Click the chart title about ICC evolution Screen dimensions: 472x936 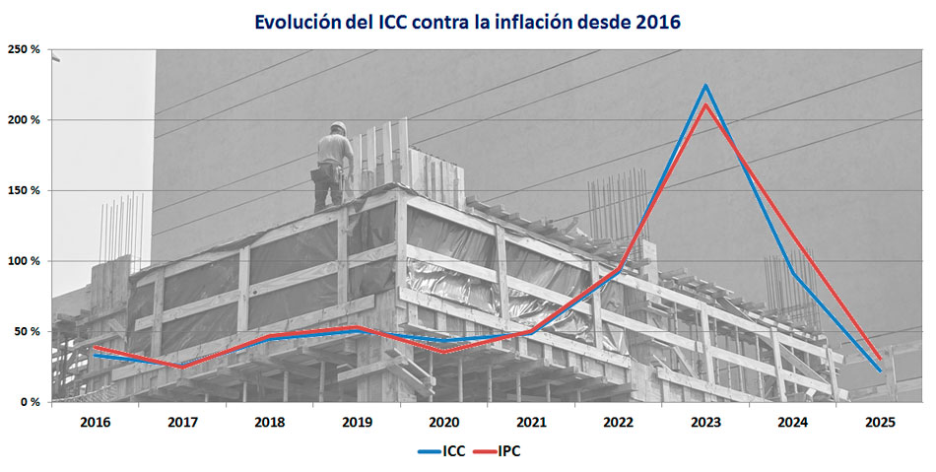(x=467, y=21)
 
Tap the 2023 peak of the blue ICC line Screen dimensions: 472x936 (x=705, y=86)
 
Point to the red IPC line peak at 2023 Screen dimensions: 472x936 (x=705, y=104)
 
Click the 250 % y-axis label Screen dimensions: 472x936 (x=26, y=49)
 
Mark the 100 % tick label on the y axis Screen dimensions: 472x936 (x=26, y=261)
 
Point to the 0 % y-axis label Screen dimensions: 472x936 (x=30, y=402)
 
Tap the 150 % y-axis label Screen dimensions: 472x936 (x=26, y=190)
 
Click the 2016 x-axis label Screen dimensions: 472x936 (x=95, y=423)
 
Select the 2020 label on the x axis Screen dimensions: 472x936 (x=444, y=423)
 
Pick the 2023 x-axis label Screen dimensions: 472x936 (x=705, y=423)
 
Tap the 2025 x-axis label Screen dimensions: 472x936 (x=880, y=423)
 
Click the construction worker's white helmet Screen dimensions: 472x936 (x=338, y=127)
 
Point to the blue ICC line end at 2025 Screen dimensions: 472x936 (x=880, y=371)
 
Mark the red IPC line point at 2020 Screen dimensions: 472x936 (x=444, y=352)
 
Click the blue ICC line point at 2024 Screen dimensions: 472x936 (x=793, y=273)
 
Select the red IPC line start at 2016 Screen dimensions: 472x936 (x=95, y=347)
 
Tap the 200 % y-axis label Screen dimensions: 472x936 (x=26, y=120)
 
